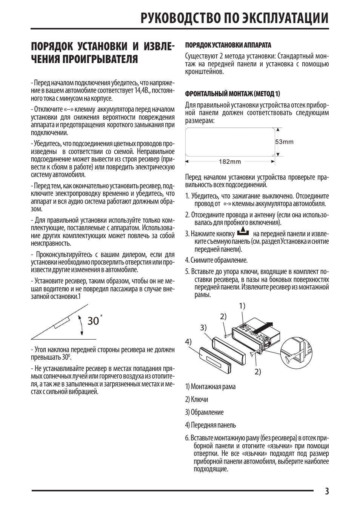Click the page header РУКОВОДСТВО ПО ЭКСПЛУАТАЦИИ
pos(234,18)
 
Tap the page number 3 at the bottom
pos(326,491)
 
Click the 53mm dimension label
pos(285,142)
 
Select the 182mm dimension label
pos(230,162)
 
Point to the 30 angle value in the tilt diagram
pos(93,321)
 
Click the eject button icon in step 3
pos(243,232)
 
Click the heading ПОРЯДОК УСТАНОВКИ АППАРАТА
pos(228,45)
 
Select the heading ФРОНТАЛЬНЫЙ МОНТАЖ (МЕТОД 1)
pos(232,94)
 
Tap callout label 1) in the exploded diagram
pos(242,306)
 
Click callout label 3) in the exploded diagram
pos(203,328)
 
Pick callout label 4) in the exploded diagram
pos(188,342)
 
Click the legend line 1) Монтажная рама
pos(210,386)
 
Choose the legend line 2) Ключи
pos(197,399)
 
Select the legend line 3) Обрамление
pos(204,412)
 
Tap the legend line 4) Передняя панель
pos(211,425)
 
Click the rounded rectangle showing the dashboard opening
pos(230,142)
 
